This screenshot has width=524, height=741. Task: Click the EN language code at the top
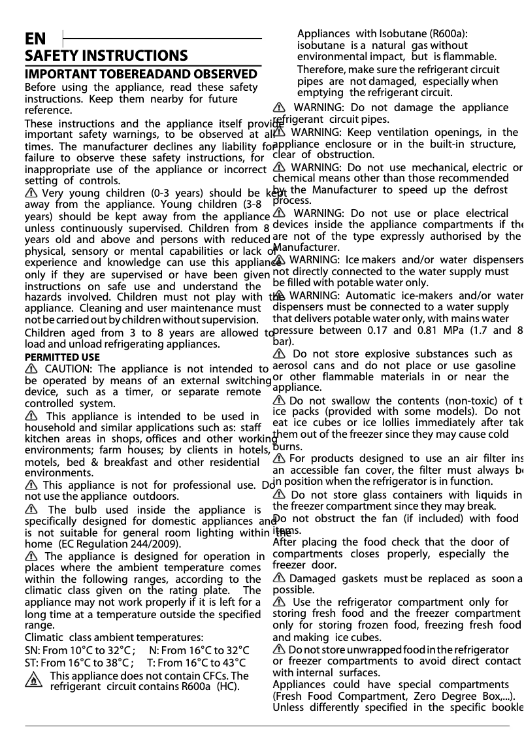coord(35,39)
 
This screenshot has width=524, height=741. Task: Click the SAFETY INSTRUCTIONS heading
coord(106,56)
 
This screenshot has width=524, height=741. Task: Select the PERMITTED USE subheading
coord(62,357)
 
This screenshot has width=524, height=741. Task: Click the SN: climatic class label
coord(31,650)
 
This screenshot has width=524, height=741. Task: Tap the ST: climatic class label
coord(31,662)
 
